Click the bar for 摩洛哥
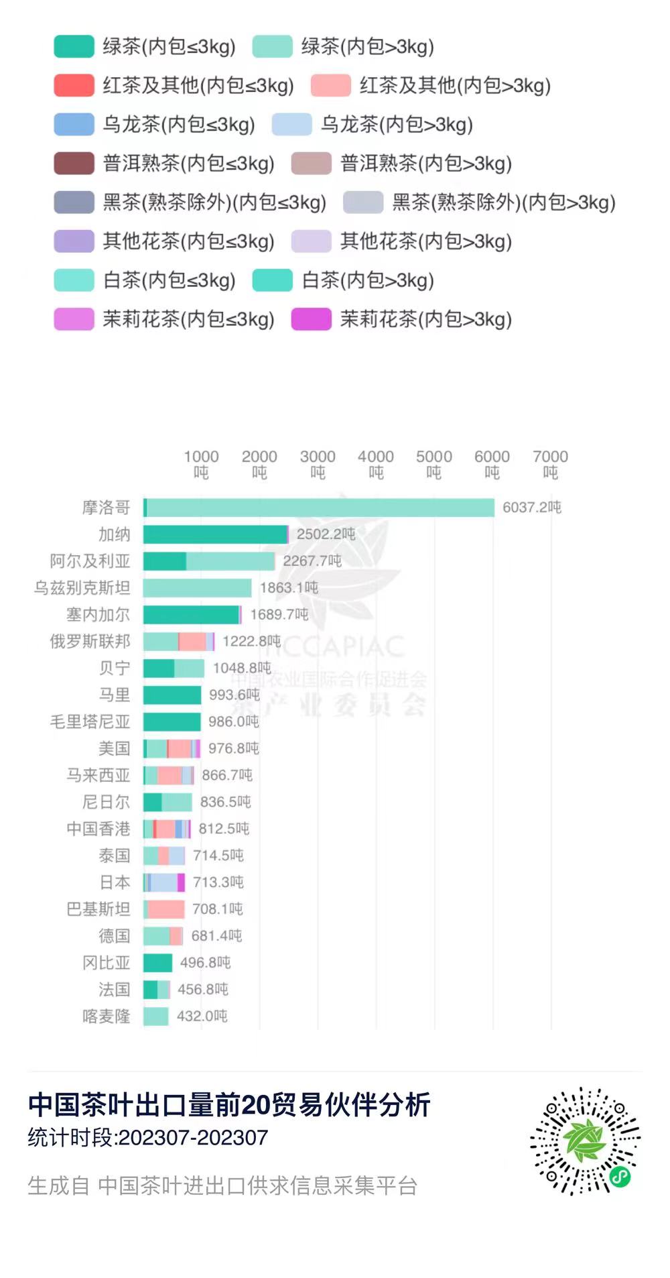(x=319, y=508)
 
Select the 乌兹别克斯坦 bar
(x=198, y=588)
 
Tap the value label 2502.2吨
(x=326, y=534)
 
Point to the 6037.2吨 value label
(x=532, y=508)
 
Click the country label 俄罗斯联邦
(x=90, y=642)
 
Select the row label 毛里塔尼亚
(x=90, y=722)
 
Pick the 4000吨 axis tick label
(x=376, y=464)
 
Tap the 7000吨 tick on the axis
(x=550, y=464)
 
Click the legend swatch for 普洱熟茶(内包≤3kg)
(x=74, y=163)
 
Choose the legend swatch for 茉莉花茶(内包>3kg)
(x=311, y=318)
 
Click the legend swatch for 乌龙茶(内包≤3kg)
(x=74, y=124)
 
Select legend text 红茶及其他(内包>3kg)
(x=455, y=85)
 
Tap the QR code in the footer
(x=585, y=1141)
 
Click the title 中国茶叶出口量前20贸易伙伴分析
(x=229, y=1104)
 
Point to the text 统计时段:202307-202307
(x=147, y=1137)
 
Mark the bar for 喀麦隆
(x=156, y=1016)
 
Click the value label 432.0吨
(x=202, y=1016)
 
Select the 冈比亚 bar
(x=158, y=963)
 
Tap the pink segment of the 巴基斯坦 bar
(x=166, y=909)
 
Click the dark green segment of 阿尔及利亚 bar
(x=165, y=561)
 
